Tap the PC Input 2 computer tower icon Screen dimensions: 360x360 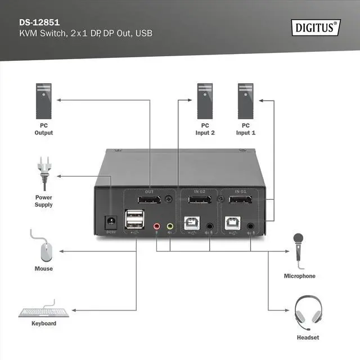click(205, 101)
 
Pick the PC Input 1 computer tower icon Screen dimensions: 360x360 click(245, 101)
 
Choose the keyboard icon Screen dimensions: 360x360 click(44, 312)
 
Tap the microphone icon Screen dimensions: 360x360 click(297, 250)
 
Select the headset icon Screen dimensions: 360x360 click(307, 313)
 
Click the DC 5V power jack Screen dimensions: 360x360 click(111, 222)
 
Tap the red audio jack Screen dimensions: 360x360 click(157, 227)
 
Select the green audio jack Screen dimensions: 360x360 click(170, 227)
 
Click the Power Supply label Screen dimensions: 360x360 click(44, 201)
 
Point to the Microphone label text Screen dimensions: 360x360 click(299, 276)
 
